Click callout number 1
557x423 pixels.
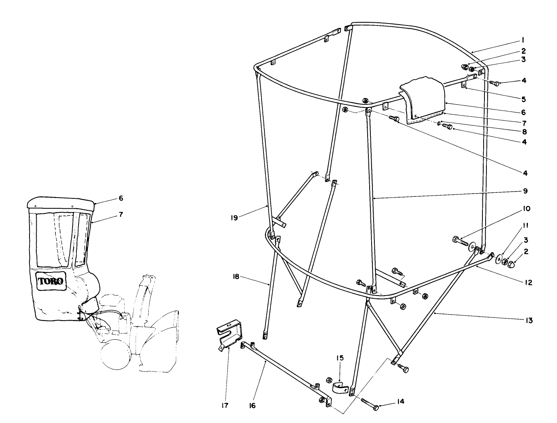(x=523, y=40)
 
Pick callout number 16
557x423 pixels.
(x=252, y=405)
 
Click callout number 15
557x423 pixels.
(x=339, y=358)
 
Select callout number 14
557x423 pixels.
(x=400, y=401)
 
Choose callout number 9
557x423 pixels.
(x=525, y=191)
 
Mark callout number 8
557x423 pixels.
(x=525, y=131)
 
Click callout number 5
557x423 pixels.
(x=524, y=99)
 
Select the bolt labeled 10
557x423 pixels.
(x=461, y=241)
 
